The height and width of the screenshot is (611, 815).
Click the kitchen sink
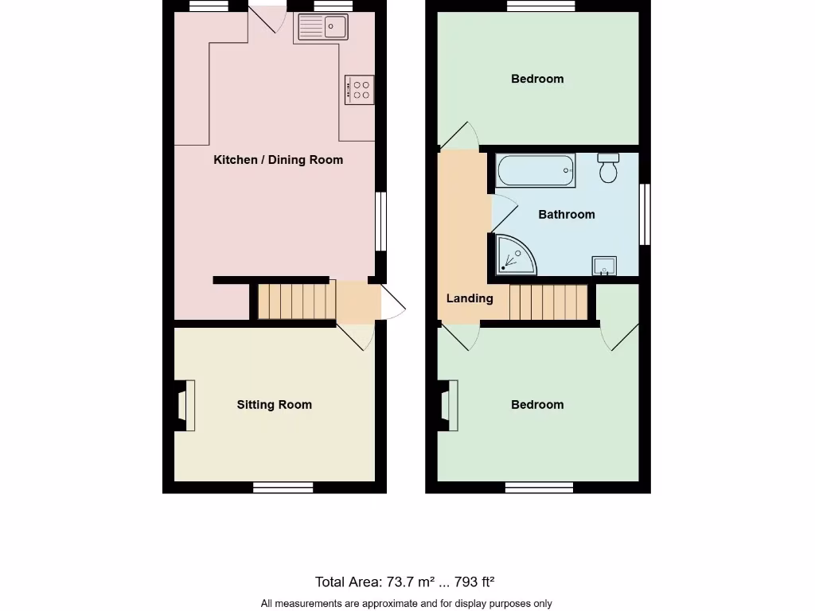point(323,28)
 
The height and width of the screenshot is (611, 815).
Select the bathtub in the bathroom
point(535,170)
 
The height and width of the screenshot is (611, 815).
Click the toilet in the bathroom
point(609,168)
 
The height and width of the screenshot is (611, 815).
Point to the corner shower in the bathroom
point(513,254)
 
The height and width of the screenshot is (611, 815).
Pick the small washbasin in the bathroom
point(604,266)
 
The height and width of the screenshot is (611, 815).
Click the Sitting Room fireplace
point(184,405)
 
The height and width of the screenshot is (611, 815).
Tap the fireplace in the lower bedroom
point(447,405)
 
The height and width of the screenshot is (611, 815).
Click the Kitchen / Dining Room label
point(278,160)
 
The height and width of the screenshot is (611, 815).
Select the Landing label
point(469,298)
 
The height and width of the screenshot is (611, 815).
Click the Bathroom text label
point(566,214)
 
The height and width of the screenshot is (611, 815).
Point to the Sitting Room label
point(274,405)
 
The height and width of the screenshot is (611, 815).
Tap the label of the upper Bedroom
point(537,79)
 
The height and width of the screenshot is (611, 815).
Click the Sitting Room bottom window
point(283,487)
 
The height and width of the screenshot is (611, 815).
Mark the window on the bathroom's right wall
point(645,214)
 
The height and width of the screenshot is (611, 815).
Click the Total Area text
point(405,582)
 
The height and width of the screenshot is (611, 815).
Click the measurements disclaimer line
point(406,603)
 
